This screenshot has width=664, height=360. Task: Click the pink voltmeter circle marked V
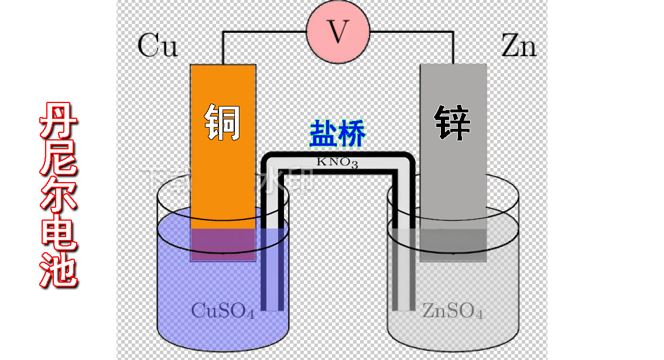(x=338, y=33)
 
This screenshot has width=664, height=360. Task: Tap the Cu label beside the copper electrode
(x=158, y=46)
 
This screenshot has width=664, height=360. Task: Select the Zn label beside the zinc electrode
(x=519, y=46)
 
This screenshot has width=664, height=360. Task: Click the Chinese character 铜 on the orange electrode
(x=223, y=122)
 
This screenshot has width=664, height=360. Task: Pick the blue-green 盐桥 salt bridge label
(x=337, y=133)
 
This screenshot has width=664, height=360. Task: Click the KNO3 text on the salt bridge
(x=337, y=162)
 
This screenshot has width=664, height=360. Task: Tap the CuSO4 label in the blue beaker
(x=223, y=311)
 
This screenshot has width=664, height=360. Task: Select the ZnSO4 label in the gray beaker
(x=453, y=311)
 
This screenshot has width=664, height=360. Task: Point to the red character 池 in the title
(x=59, y=269)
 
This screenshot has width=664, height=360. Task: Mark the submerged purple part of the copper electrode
(x=223, y=244)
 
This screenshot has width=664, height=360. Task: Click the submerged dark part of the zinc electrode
(x=453, y=244)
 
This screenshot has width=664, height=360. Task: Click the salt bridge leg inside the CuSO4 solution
(x=272, y=269)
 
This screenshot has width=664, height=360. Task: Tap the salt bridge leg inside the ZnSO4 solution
(x=403, y=269)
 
